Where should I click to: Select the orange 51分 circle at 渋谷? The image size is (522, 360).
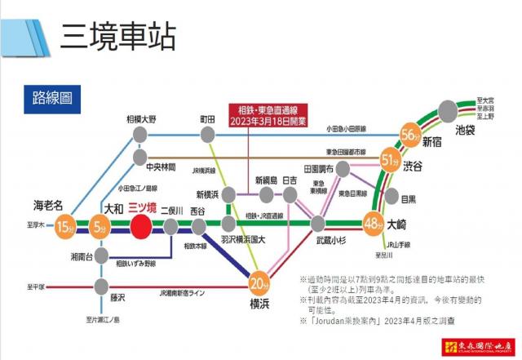[390, 161]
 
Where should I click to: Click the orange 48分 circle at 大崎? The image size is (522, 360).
[374, 222]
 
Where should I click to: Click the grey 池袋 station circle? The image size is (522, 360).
[447, 111]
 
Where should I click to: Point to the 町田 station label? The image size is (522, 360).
[208, 119]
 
